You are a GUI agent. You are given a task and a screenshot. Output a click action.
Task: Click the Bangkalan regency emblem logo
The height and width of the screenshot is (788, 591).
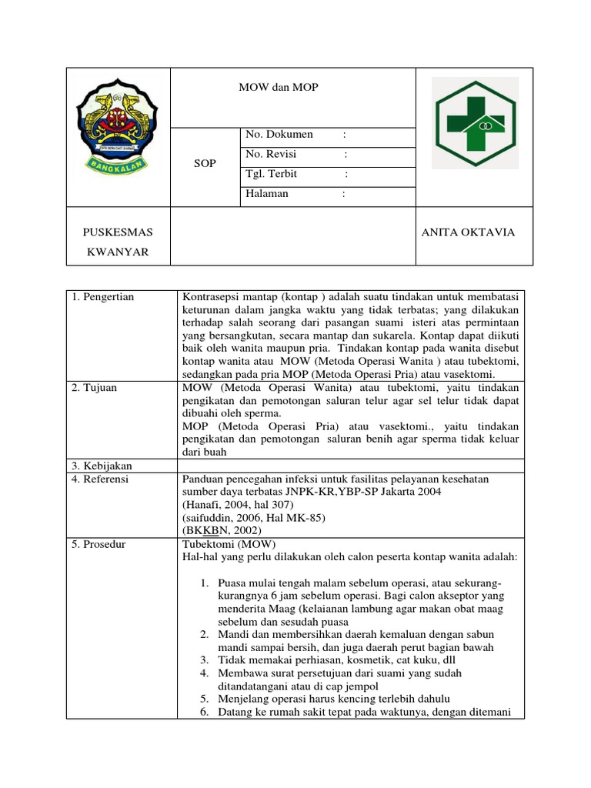(117, 125)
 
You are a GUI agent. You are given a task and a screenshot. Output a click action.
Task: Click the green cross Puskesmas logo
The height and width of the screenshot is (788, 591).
(473, 123)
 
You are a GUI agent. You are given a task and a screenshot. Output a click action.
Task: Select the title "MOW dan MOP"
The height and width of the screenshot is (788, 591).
(278, 88)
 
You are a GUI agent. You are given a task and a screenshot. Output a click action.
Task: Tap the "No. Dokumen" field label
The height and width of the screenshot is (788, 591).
(279, 135)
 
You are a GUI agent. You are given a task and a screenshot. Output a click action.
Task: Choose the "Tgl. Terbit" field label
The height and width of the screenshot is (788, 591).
(271, 174)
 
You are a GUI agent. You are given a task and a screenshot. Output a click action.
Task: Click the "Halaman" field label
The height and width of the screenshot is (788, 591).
(267, 194)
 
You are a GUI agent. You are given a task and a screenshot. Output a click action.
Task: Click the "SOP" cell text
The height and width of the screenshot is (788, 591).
(205, 164)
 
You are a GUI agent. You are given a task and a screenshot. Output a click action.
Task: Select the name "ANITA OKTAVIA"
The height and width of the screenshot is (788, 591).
(468, 232)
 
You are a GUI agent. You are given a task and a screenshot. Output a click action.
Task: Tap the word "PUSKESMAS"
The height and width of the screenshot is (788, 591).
(118, 232)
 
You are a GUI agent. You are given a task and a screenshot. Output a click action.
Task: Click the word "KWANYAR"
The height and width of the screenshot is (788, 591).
(117, 252)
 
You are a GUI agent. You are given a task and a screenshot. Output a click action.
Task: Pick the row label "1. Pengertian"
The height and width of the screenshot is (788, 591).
(103, 297)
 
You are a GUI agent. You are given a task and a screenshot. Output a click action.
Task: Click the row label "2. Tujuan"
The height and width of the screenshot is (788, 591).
(95, 388)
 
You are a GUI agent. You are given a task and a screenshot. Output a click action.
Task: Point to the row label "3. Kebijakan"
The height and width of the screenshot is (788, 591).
(102, 466)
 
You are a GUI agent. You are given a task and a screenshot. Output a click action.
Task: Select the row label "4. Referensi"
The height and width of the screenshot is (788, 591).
(101, 479)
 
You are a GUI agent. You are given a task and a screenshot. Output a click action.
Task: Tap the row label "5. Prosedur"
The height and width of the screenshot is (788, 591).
(100, 544)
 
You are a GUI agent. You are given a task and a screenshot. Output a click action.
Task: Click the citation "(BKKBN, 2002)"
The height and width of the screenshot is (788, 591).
(222, 531)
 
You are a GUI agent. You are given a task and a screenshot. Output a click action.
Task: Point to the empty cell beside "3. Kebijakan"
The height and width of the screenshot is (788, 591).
(350, 466)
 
